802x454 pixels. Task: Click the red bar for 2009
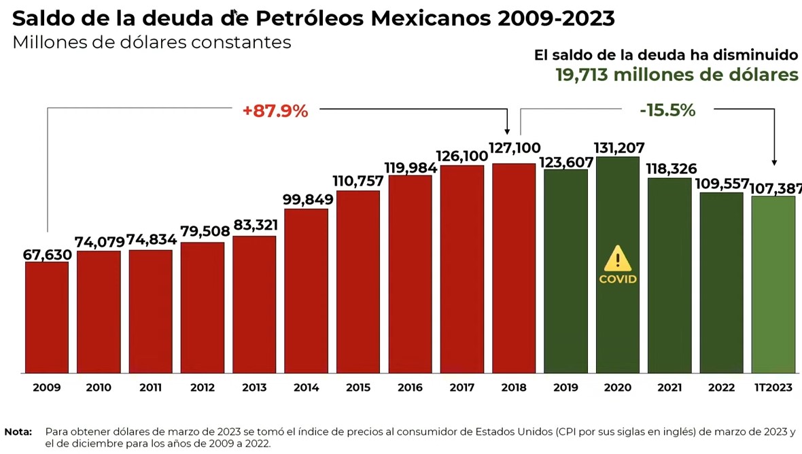click(x=47, y=317)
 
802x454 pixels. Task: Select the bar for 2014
click(x=306, y=291)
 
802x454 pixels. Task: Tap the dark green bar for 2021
click(x=669, y=275)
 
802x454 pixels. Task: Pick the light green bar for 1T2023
click(x=773, y=284)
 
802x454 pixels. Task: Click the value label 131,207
click(x=619, y=147)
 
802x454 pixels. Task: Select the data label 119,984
click(x=410, y=167)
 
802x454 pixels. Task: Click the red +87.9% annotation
click(x=275, y=111)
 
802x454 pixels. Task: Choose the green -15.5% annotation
click(x=667, y=111)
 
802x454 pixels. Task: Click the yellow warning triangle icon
click(x=618, y=259)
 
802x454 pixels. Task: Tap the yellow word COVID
click(x=618, y=279)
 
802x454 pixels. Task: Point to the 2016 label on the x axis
click(x=410, y=388)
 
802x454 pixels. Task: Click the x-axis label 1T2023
click(x=773, y=388)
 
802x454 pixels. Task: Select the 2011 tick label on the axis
click(x=150, y=388)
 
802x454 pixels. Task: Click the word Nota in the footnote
click(x=18, y=432)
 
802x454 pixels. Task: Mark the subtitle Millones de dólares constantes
click(x=152, y=42)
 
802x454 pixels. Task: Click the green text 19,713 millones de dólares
click(x=677, y=75)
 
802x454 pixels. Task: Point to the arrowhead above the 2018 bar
click(x=507, y=131)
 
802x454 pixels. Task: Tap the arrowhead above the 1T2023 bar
click(x=774, y=162)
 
